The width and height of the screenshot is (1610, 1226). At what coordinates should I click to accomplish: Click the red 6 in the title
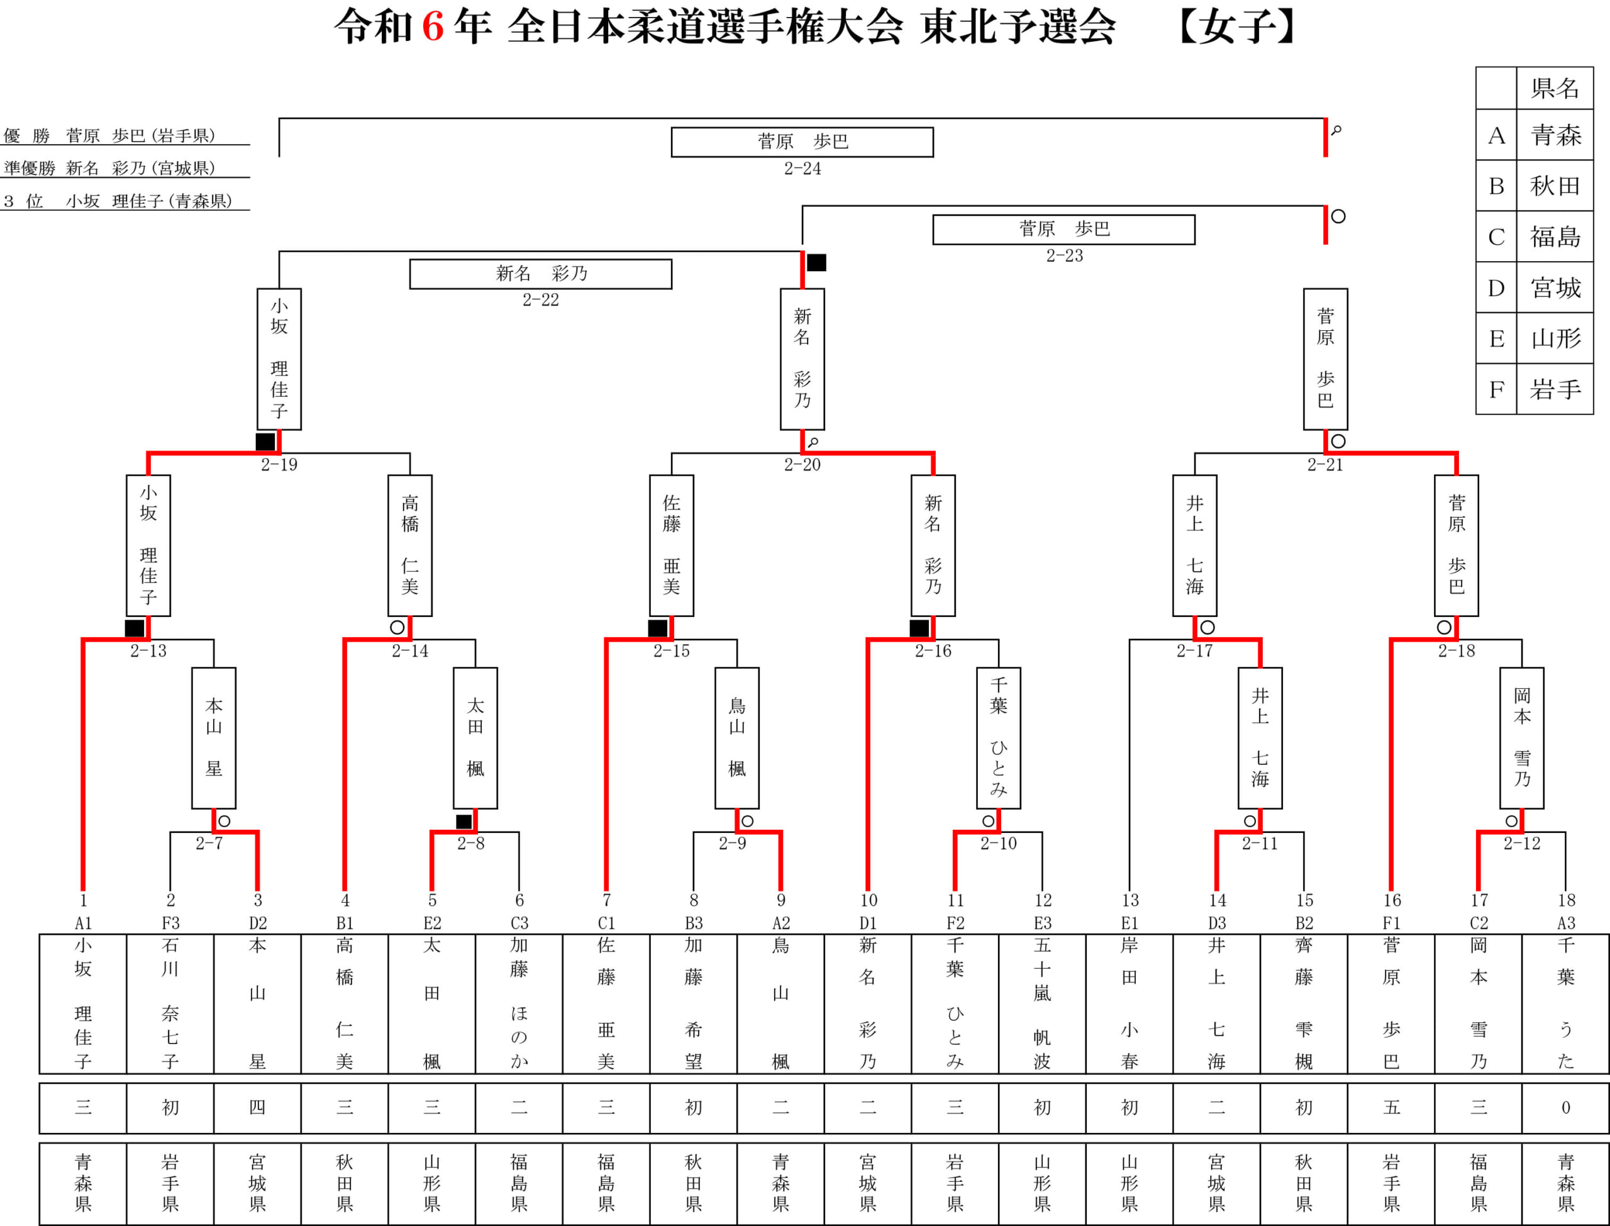tap(433, 27)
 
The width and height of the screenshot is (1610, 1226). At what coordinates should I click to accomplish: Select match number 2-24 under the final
tap(802, 169)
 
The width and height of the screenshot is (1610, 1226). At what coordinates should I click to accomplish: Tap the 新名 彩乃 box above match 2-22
tap(541, 274)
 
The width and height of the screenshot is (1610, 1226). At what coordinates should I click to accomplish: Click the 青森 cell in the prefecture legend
tap(1555, 135)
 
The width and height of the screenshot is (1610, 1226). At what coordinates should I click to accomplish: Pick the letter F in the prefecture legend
tap(1496, 390)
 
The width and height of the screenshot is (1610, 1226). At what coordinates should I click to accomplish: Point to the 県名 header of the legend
tap(1555, 88)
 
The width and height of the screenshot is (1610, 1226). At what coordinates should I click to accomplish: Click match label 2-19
tap(279, 465)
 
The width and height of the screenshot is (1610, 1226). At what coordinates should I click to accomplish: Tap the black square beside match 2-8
tap(464, 822)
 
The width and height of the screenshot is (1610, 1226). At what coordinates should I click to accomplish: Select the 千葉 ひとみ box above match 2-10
tap(999, 738)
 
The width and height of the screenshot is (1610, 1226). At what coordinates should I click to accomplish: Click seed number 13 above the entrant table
tap(1130, 901)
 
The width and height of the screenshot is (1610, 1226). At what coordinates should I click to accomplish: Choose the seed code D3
tap(1217, 923)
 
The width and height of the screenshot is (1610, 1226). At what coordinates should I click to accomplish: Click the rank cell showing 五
tap(1391, 1108)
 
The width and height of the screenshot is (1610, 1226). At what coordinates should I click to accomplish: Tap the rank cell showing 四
tap(257, 1108)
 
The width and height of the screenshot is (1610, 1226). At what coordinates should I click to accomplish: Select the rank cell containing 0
tap(1565, 1108)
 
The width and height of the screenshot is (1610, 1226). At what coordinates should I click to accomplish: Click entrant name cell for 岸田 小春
tap(1130, 1003)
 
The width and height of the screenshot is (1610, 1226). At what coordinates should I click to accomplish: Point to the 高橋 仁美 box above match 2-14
tap(410, 546)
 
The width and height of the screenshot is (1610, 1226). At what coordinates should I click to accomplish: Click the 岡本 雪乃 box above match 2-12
tap(1522, 738)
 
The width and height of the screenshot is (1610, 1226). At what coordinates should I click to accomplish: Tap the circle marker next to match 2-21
tap(1338, 442)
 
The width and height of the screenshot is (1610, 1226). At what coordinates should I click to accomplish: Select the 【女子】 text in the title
tap(1237, 28)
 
